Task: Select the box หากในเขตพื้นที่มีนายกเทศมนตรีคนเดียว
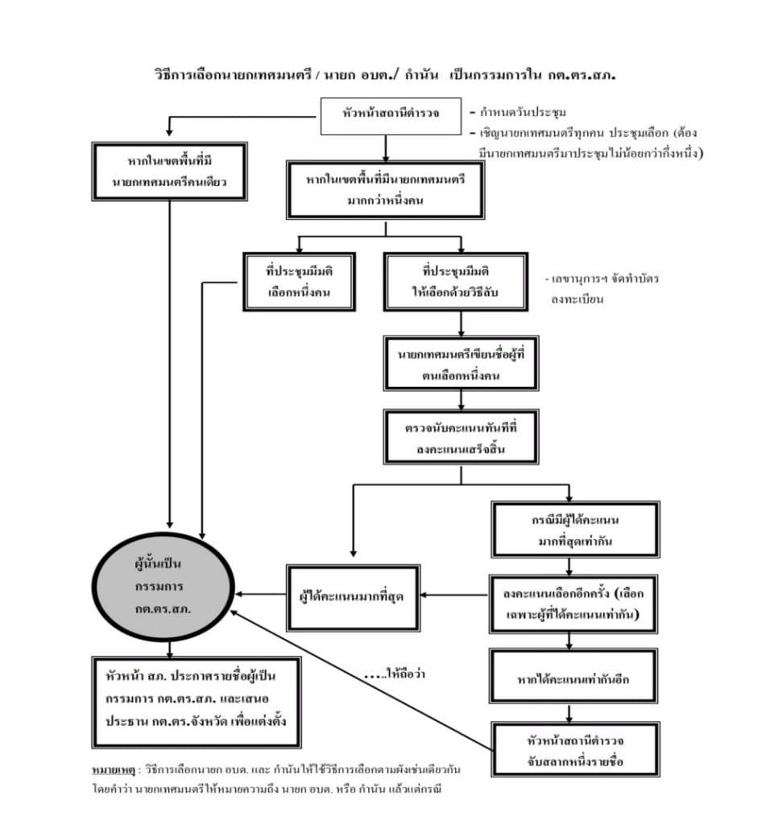[169, 171]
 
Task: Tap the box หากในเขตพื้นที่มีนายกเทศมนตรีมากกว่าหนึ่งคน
[386, 190]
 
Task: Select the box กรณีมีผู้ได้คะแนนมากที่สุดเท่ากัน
[574, 529]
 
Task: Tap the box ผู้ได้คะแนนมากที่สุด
[352, 595]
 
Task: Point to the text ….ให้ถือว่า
[394, 674]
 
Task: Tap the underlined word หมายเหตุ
[113, 770]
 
